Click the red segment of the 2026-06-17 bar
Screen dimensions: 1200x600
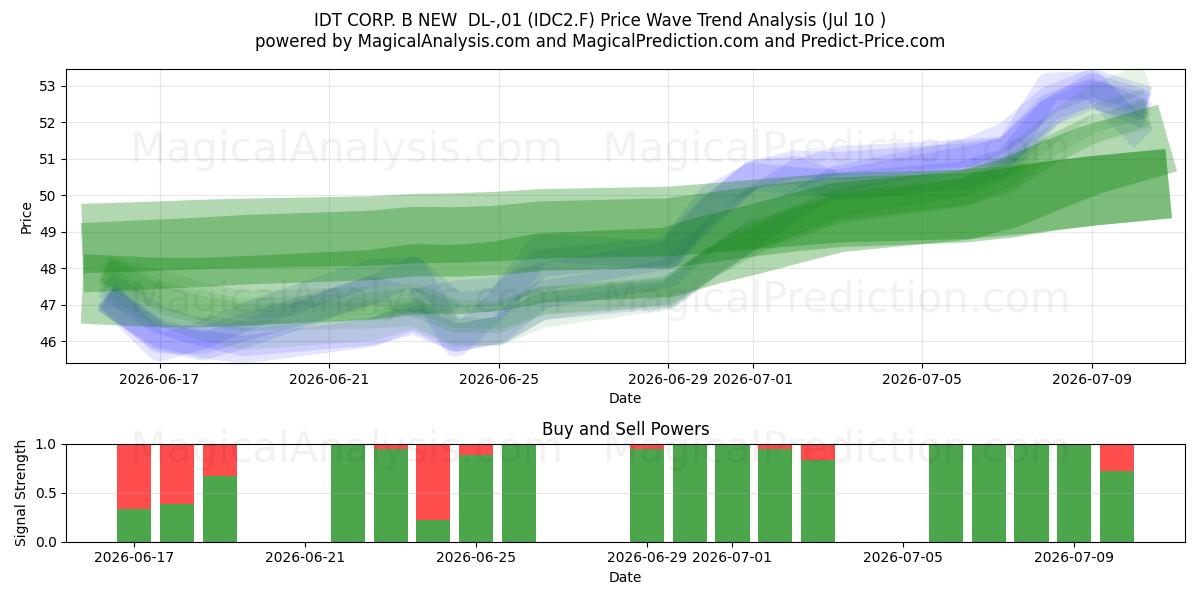tap(134, 477)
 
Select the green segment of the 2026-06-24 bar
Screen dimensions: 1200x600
tap(433, 531)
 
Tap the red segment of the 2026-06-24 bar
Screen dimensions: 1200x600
tap(433, 482)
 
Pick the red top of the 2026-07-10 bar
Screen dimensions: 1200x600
tap(1117, 458)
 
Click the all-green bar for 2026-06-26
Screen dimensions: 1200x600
tap(519, 493)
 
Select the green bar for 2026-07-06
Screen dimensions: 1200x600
tap(946, 493)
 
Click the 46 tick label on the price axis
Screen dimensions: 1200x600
tap(47, 342)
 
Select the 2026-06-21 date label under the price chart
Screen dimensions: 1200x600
tap(329, 379)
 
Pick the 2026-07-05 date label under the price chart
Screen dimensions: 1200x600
tap(922, 379)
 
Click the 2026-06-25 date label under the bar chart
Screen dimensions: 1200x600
tap(476, 557)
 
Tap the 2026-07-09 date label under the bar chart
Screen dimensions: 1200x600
tap(1074, 557)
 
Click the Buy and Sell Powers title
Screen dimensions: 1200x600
tap(626, 429)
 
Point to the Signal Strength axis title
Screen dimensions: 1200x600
tap(20, 493)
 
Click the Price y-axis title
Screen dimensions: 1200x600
tap(26, 218)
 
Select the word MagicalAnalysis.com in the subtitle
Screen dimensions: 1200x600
tap(444, 41)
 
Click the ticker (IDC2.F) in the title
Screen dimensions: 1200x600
tap(561, 20)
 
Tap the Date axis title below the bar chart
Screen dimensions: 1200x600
tap(625, 577)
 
